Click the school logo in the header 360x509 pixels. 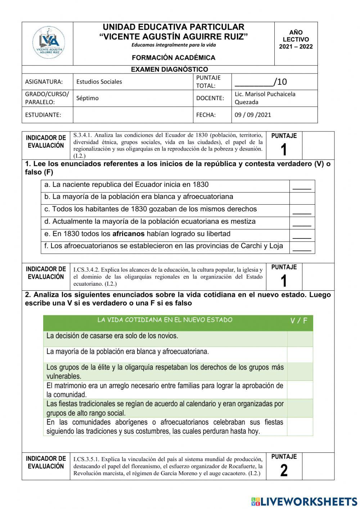point(48,42)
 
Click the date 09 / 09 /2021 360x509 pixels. point(253,115)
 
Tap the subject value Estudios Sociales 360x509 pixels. point(99,82)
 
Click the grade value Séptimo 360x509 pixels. point(87,98)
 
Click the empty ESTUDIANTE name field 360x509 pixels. point(133,115)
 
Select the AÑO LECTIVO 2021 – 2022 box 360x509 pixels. point(296,40)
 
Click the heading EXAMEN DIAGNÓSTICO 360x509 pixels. point(169,70)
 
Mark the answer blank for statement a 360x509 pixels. point(302,186)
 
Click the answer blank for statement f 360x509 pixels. point(302,247)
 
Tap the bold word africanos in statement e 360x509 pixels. point(128,234)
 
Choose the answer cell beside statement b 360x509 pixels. point(302,198)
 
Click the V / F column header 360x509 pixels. point(299,321)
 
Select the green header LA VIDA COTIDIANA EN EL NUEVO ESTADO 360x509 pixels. point(165,320)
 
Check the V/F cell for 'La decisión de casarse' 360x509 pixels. point(300,339)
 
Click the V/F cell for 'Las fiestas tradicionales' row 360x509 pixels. point(300,408)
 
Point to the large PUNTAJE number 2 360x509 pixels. point(284,470)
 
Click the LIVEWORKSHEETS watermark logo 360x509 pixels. point(304,501)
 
